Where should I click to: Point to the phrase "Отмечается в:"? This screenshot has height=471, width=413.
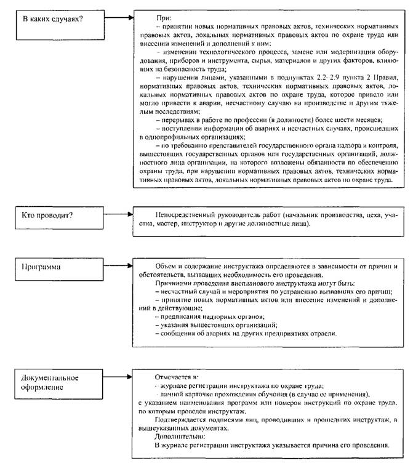(x=178, y=375)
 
